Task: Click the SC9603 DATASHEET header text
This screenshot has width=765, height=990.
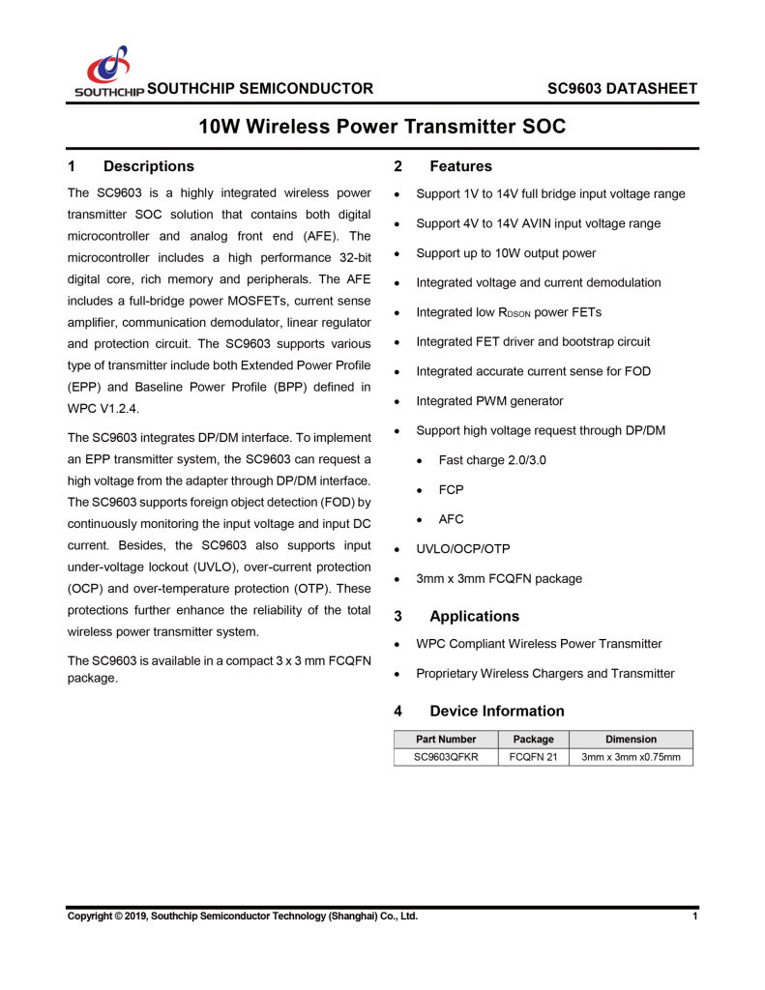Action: (x=622, y=89)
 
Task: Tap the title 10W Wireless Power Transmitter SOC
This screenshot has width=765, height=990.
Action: (x=382, y=127)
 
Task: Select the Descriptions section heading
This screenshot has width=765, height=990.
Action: (x=155, y=166)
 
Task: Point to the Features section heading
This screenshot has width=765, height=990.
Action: (x=460, y=166)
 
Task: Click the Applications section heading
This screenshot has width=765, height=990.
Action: (x=474, y=616)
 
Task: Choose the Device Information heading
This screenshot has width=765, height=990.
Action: (x=496, y=711)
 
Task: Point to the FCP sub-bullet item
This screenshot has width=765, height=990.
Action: (x=451, y=489)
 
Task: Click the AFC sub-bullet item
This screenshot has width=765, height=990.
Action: (x=451, y=519)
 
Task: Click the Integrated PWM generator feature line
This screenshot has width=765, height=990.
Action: (x=489, y=400)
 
